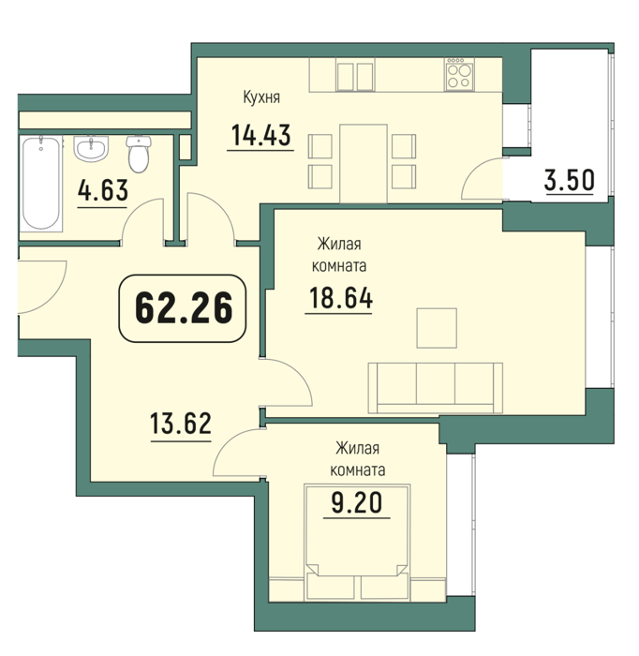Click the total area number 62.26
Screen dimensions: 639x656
pos(183,308)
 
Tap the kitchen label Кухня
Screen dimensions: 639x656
pos(261,97)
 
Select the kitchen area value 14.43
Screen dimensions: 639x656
pos(260,135)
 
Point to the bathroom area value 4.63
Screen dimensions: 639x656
pos(103,190)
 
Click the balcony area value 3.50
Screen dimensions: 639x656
pos(569,180)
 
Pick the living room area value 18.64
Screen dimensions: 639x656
pos(340,298)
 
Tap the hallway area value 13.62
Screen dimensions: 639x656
pos(181,423)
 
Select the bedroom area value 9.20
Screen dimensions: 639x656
pos(357,502)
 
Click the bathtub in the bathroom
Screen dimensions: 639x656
pos(41,184)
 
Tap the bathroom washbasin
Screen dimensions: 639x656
pos(91,148)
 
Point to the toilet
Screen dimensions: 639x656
pos(139,154)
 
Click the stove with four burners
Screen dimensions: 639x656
pos(459,74)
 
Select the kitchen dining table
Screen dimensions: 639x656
pos(364,164)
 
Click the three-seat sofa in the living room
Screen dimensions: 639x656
pos(436,388)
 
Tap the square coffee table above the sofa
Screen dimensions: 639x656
pos(437,328)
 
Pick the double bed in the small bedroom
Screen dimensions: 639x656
pos(357,543)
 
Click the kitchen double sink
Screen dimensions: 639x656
pos(355,77)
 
